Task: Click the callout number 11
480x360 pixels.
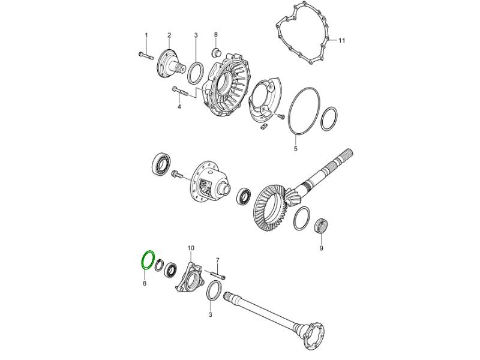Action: point(341,40)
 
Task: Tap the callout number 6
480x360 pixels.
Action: point(144,283)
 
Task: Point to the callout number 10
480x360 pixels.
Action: point(191,247)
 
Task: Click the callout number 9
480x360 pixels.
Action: point(321,248)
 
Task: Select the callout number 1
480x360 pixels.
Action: point(146,35)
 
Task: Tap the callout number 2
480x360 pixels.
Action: point(169,35)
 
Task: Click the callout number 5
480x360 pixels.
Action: point(296,149)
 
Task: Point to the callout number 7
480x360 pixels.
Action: point(218,260)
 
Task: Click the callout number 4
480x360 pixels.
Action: point(179,107)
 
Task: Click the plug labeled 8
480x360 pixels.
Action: point(216,52)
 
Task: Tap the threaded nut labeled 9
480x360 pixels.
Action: point(322,226)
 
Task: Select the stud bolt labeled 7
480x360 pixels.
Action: point(217,275)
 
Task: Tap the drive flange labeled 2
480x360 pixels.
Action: point(170,66)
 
